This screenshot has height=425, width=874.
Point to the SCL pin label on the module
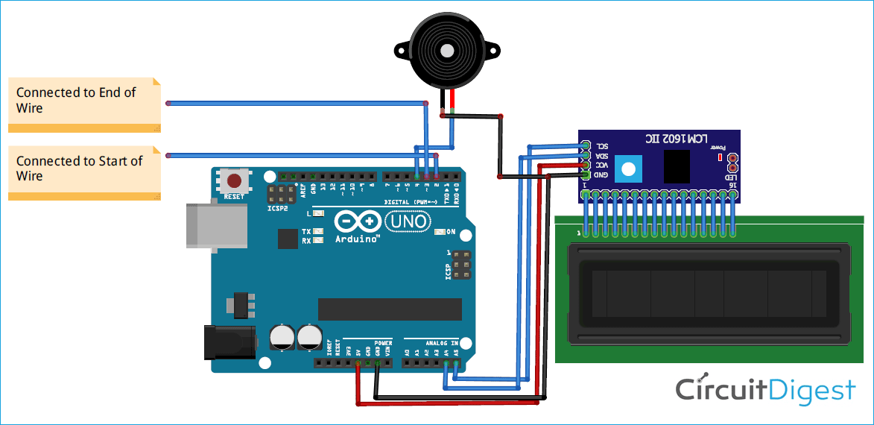(601, 145)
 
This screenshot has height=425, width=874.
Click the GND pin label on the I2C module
(601, 174)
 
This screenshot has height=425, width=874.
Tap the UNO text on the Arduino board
(406, 221)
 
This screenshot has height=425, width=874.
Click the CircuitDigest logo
(765, 390)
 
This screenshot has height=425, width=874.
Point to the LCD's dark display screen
(709, 294)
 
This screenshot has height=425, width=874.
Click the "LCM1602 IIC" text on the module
(660, 139)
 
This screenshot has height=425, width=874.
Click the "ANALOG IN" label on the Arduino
(442, 343)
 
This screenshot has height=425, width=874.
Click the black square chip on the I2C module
(677, 166)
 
